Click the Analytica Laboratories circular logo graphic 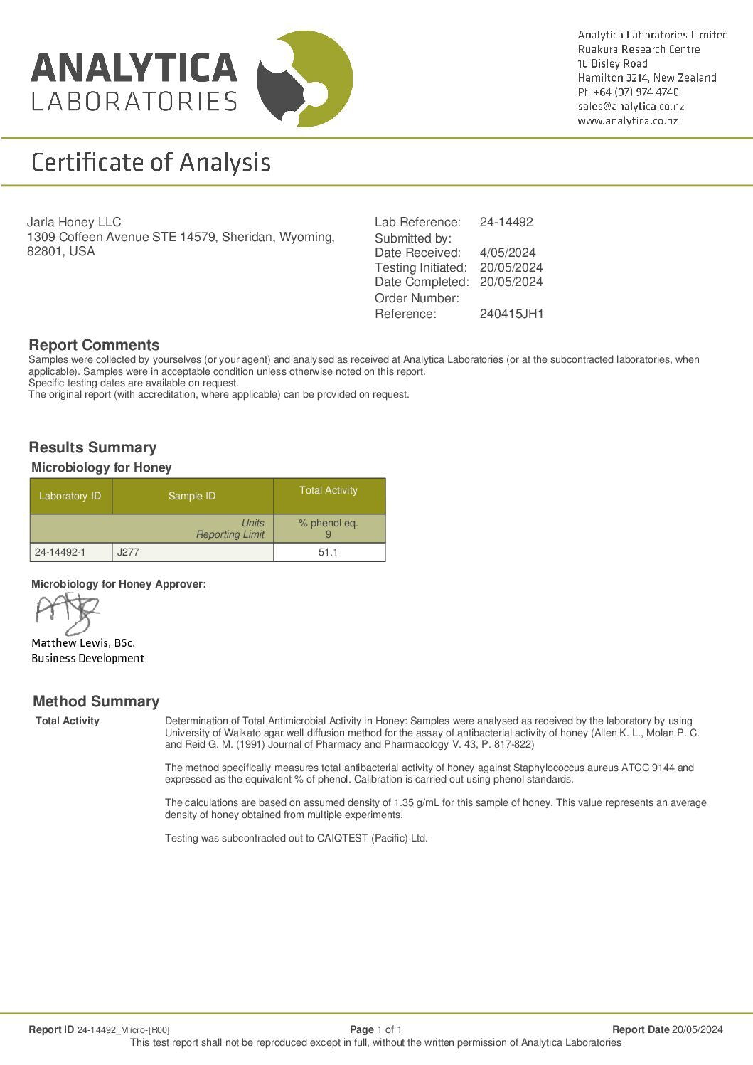point(304,79)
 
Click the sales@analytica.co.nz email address point(631,106)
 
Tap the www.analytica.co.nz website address point(627,121)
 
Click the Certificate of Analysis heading point(151,162)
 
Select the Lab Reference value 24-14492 point(506,222)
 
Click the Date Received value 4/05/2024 point(507,253)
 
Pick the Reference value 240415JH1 point(511,314)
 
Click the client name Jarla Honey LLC point(74,222)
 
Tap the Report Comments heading point(94,345)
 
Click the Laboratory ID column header point(70,496)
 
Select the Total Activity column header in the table point(329,490)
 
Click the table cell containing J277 point(192,552)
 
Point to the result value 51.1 point(328,552)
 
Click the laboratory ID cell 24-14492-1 point(70,552)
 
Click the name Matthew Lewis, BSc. point(83,643)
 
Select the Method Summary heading point(96,701)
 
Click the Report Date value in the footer point(697,1029)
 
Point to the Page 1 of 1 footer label point(375,1029)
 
